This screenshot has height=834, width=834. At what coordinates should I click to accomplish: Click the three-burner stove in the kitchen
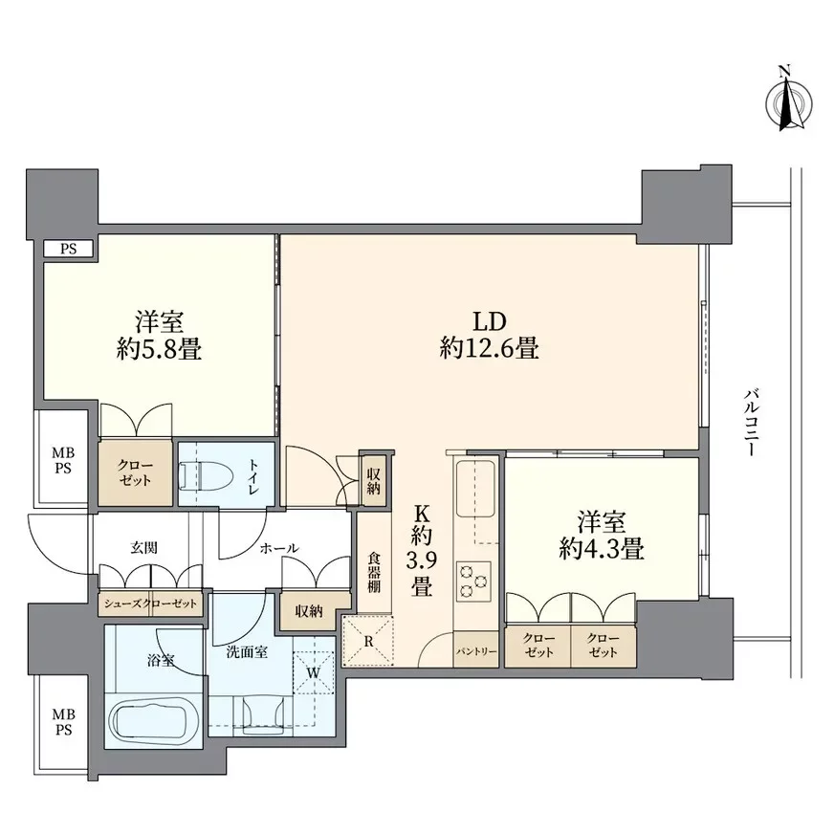click(x=473, y=579)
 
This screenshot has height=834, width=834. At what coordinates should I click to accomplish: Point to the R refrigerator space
click(x=368, y=642)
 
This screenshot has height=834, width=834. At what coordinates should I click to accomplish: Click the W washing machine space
click(x=314, y=672)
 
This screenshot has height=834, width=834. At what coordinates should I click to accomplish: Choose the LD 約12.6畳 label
click(x=490, y=336)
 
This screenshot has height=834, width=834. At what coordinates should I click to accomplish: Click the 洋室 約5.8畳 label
click(x=159, y=336)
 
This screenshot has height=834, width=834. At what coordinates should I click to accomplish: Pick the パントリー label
click(x=476, y=651)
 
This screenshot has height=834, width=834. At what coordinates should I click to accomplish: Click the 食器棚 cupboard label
click(x=373, y=574)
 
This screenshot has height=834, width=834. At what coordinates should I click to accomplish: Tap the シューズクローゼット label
click(x=150, y=604)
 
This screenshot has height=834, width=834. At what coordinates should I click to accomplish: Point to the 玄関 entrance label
click(x=143, y=547)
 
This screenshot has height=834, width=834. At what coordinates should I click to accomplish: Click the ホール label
click(x=279, y=548)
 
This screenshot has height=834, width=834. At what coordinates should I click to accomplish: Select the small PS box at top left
click(x=69, y=249)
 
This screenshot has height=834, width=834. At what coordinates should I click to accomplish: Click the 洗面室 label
click(x=247, y=651)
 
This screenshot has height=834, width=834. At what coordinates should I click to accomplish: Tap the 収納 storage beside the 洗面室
click(x=309, y=611)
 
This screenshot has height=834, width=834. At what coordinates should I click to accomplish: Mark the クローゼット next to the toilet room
click(x=135, y=472)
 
